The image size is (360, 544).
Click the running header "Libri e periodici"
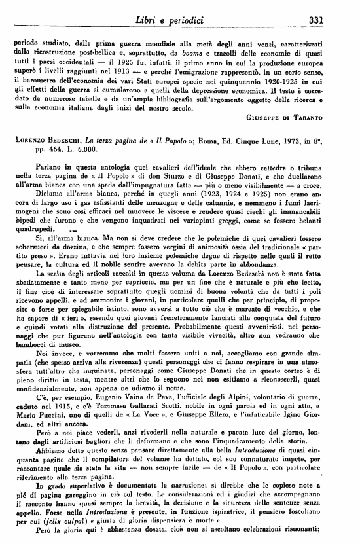coord(180,20)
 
